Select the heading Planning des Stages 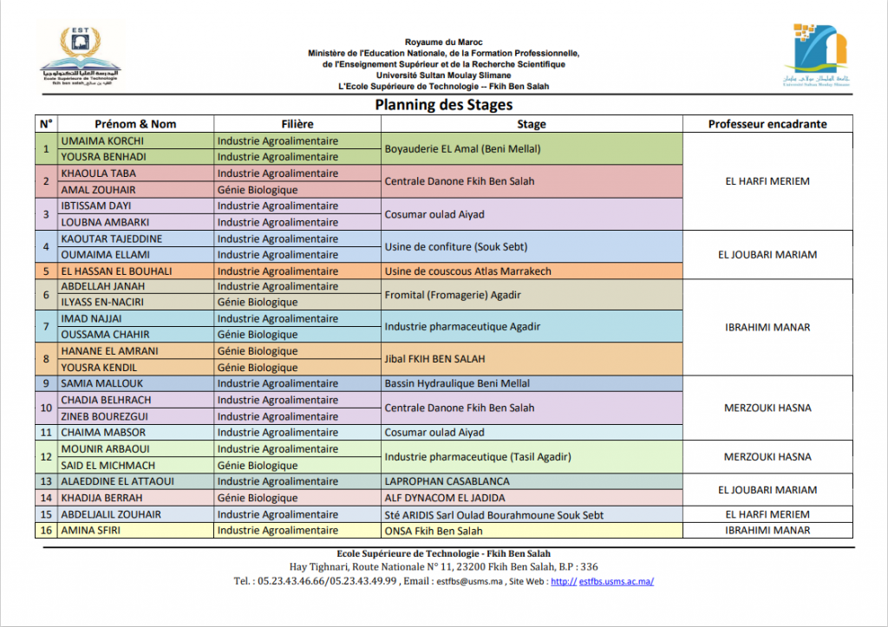(x=443, y=105)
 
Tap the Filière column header (x=297, y=124)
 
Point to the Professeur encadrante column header (x=767, y=124)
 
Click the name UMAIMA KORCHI (x=102, y=140)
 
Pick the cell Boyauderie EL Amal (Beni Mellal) (x=462, y=149)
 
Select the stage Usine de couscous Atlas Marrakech (x=467, y=271)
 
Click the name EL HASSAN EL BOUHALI (x=116, y=271)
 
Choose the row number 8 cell (x=46, y=359)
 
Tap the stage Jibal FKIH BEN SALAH (x=434, y=359)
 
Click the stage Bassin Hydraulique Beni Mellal (x=456, y=383)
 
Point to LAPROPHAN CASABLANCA (x=447, y=481)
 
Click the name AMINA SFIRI (x=91, y=531)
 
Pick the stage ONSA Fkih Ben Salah (x=434, y=531)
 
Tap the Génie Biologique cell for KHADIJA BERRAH (x=258, y=498)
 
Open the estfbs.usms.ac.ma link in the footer (x=616, y=581)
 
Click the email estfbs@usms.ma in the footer (x=470, y=581)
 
